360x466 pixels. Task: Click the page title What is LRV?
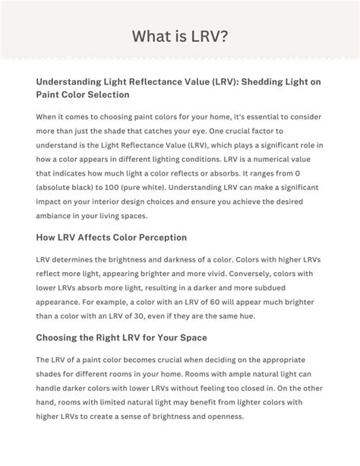tap(179, 36)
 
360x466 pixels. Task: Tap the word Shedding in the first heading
tap(241, 81)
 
